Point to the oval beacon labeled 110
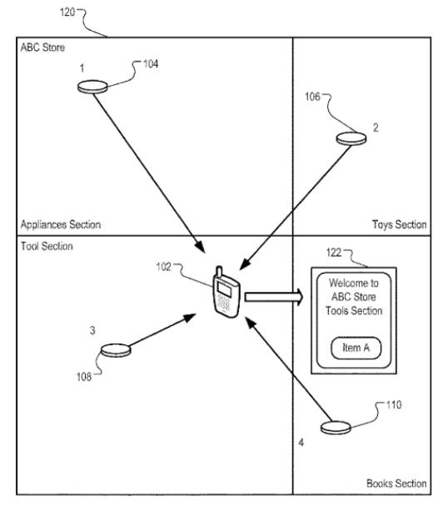336,426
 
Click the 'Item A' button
357,348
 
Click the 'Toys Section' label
399,224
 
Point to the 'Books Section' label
396,484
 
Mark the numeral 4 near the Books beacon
301,443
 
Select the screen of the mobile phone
222,289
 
